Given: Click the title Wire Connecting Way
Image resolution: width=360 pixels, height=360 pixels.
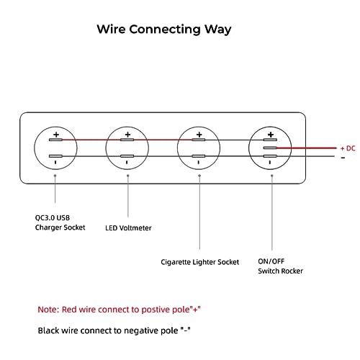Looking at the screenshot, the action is tap(164, 30).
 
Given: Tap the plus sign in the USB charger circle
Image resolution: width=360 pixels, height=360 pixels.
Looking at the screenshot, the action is tap(56, 135).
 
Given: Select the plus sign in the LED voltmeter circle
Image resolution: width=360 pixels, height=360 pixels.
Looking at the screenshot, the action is tap(127, 135).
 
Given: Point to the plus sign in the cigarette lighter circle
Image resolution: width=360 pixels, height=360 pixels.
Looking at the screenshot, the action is tap(199, 135).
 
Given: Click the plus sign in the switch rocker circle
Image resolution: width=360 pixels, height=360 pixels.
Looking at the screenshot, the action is tap(271, 135).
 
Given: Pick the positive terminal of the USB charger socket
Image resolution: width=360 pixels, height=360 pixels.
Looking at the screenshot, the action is tap(55, 140).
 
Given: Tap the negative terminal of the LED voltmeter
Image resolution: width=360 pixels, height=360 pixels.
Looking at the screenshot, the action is tap(127, 156).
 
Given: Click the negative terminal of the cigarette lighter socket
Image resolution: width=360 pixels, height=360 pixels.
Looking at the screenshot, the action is tap(199, 156).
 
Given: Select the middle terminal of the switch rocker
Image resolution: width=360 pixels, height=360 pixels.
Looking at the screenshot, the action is tap(270, 148).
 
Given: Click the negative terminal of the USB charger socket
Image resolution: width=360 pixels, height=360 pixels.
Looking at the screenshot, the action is tap(55, 156).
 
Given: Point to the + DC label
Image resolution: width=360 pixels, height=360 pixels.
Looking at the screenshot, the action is tap(348, 148).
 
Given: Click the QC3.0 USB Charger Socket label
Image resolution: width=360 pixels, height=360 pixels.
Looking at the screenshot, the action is tap(60, 222).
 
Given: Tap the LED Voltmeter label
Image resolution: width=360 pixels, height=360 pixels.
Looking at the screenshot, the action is tap(128, 228).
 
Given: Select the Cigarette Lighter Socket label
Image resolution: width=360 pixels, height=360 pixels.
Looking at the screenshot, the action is tap(200, 262).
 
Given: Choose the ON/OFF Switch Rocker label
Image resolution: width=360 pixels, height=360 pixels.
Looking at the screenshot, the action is tap(280, 266).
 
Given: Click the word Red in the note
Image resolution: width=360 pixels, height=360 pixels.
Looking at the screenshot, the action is tap(69, 310).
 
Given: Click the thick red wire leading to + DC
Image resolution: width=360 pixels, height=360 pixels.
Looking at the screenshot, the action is tap(307, 148).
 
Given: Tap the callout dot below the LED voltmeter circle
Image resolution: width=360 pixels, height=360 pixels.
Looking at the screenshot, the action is tap(128, 176).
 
